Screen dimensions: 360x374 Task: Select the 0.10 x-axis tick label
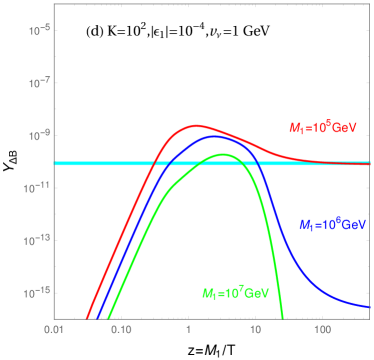coord(121,328)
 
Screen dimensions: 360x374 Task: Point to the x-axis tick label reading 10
coord(255,328)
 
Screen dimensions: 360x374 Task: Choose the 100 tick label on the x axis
coord(322,328)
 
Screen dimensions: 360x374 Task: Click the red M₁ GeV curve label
coord(316,127)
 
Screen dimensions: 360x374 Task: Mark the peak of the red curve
coord(196,126)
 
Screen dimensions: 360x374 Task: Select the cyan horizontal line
coord(100,163)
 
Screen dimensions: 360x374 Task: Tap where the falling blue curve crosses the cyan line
coord(258,163)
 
